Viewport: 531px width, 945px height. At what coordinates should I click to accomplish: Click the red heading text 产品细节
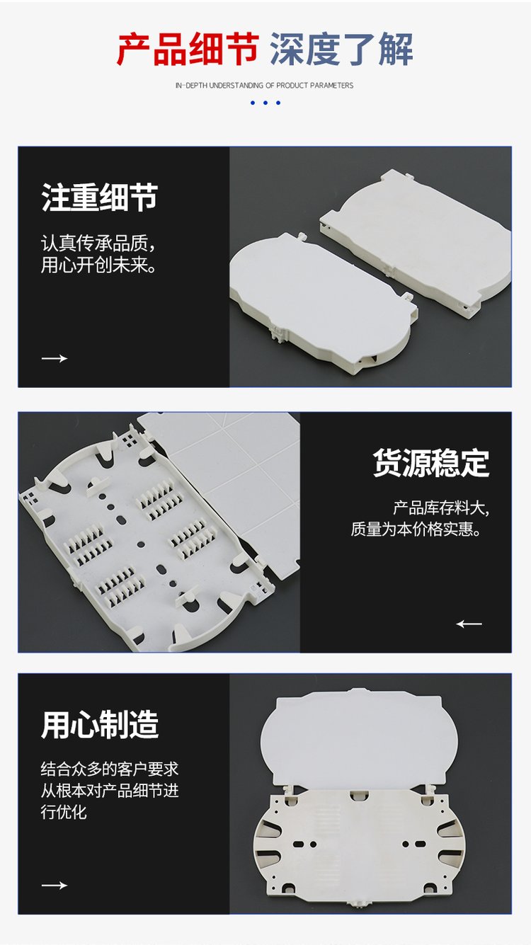point(188,50)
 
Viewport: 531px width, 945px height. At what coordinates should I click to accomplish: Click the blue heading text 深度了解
point(341,50)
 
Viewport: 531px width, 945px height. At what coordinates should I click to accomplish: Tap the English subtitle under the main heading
point(265,85)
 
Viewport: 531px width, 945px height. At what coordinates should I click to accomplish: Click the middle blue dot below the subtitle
point(265,103)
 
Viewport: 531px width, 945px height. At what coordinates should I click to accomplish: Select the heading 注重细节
point(100,197)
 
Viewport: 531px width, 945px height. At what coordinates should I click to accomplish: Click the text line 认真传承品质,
point(98,244)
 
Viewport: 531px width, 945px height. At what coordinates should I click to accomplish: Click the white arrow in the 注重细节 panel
point(55,358)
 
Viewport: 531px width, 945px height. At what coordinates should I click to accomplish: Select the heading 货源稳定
point(431,463)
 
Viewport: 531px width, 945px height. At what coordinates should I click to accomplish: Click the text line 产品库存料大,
point(441,508)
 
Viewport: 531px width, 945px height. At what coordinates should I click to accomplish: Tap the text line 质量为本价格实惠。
point(416,529)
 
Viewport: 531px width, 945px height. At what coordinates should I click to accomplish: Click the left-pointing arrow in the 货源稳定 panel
point(469,624)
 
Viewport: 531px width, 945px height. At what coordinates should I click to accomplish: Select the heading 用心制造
point(100,724)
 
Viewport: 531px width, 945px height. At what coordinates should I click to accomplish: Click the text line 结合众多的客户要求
point(110,769)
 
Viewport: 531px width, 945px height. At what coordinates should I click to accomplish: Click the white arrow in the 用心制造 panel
point(55,885)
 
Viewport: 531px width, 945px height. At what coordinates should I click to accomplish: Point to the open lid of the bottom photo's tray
point(359,739)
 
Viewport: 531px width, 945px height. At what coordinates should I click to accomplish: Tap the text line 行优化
point(64,812)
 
